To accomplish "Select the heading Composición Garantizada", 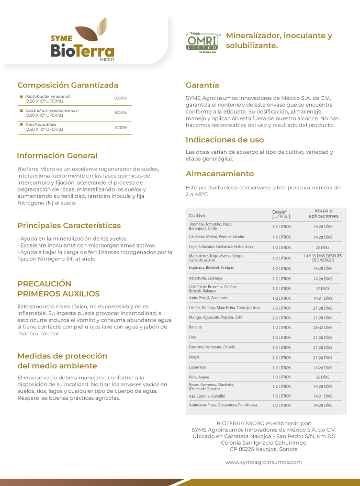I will tap(68, 85).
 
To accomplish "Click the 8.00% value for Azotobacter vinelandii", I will tap(120, 98).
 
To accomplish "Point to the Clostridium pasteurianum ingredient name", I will tap(52, 110).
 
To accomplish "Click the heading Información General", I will tap(57, 155).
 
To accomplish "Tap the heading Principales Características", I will tap(69, 225).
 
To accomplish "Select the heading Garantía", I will tap(203, 85).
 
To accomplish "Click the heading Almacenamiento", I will tap(220, 174).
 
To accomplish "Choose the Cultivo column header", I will tap(197, 216).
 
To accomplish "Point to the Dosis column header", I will tap(281, 213).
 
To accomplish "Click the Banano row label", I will tap(196, 327).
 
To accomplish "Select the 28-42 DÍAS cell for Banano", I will tap(322, 327).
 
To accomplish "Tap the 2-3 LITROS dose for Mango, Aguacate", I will tap(282, 318).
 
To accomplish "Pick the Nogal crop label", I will tap(194, 357).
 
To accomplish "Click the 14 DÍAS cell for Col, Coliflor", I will tap(322, 288).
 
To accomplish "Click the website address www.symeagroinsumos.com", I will tap(263, 462).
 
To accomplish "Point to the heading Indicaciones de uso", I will tap(225, 140).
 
